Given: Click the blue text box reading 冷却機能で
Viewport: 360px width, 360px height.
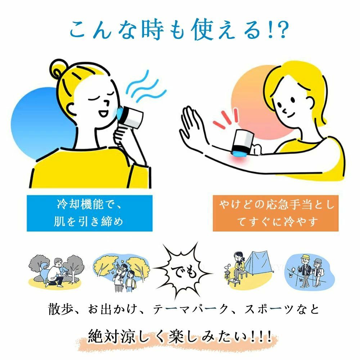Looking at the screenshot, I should tap(89, 213).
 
